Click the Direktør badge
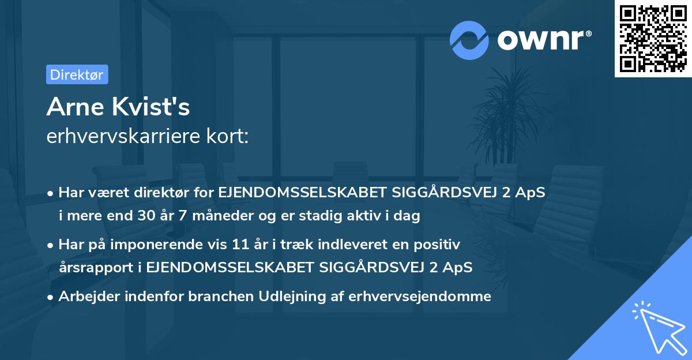tap(77, 74)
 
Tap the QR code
tap(653, 39)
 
